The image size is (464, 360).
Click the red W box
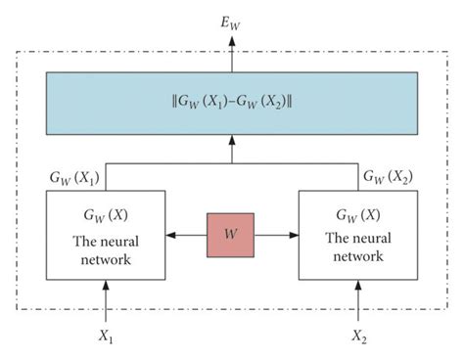pos(231,235)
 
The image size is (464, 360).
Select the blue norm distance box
pos(231,102)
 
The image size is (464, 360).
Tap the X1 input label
pos(108,337)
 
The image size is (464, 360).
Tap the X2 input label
pos(357,337)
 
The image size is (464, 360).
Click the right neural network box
pos(357,235)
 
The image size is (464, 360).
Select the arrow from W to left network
pos(185,235)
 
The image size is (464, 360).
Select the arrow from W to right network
pos(277,235)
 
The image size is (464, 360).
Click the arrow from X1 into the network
pos(108,301)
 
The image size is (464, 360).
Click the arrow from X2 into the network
pos(357,301)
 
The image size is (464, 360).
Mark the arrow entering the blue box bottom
pos(232,148)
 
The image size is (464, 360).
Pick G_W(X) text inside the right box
pos(357,214)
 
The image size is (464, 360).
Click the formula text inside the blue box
pos(231,102)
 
